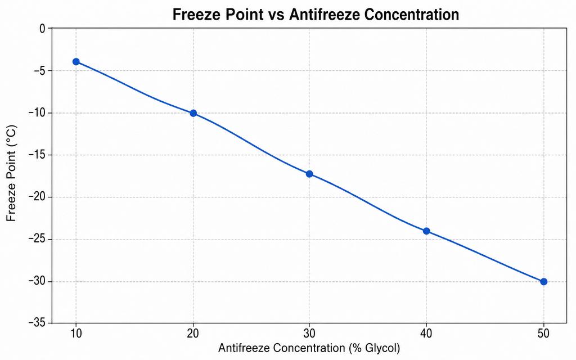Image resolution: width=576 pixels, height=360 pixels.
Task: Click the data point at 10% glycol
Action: pos(76,62)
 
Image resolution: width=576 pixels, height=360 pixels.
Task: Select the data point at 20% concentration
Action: pos(193,113)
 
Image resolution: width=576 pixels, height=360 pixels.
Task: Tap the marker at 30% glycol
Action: pos(309,174)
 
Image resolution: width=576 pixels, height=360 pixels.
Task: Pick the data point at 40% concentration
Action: pos(426,231)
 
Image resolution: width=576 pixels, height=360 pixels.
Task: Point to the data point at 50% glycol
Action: pos(544,282)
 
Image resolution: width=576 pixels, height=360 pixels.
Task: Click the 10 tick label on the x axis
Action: pos(76,334)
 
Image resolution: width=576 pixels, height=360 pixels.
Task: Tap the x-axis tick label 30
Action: pos(309,334)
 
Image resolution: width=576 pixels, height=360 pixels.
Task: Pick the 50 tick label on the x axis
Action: pos(544,334)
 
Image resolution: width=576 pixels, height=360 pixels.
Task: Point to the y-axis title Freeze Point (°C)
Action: pos(11,173)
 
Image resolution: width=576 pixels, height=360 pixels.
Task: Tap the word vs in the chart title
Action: pos(276,15)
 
